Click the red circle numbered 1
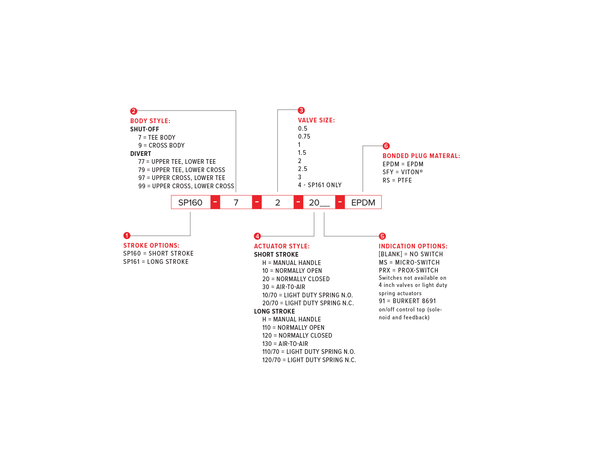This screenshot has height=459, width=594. [127, 235]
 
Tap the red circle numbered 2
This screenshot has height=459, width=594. [134, 111]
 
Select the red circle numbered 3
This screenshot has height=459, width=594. [301, 110]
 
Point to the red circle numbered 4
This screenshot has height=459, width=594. [257, 236]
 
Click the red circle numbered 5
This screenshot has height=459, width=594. [382, 236]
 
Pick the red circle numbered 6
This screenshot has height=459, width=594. [386, 146]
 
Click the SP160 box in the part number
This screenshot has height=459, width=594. [190, 202]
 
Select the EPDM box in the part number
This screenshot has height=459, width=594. [363, 202]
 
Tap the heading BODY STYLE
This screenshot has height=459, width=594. [150, 121]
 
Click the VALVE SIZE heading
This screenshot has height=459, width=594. [316, 120]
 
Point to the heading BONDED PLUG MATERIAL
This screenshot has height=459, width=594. [421, 156]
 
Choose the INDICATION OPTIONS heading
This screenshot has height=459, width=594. [413, 246]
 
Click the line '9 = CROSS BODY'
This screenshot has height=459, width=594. [161, 145]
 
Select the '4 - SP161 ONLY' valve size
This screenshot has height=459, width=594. [320, 185]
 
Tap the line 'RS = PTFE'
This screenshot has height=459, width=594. [397, 180]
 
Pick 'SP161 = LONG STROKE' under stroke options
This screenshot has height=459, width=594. [156, 262]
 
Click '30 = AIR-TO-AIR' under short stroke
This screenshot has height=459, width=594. [284, 287]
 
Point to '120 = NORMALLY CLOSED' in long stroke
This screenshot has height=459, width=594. [297, 336]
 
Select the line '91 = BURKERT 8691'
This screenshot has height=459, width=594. [407, 301]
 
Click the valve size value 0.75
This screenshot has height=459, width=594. [304, 136]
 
